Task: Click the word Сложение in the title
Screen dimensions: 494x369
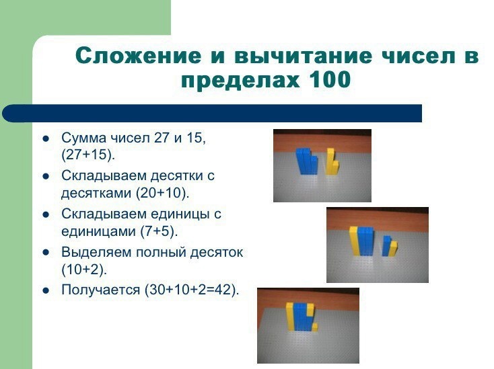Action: click(x=138, y=56)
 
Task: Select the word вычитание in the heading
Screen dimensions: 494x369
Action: click(x=304, y=56)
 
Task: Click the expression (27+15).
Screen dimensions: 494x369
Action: click(x=88, y=155)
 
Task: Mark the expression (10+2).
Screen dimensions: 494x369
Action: click(x=84, y=270)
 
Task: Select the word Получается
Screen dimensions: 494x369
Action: click(x=100, y=290)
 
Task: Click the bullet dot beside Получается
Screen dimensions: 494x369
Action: click(x=46, y=290)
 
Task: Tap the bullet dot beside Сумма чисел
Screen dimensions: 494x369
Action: click(x=46, y=138)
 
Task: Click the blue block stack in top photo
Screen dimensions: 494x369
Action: click(x=306, y=161)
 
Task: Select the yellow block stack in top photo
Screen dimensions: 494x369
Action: click(x=332, y=161)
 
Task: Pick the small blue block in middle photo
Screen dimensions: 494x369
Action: click(x=386, y=246)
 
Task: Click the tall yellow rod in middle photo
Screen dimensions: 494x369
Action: click(x=353, y=241)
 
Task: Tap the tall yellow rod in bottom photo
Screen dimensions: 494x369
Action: click(x=290, y=316)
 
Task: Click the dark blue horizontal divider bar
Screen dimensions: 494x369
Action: click(x=212, y=113)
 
